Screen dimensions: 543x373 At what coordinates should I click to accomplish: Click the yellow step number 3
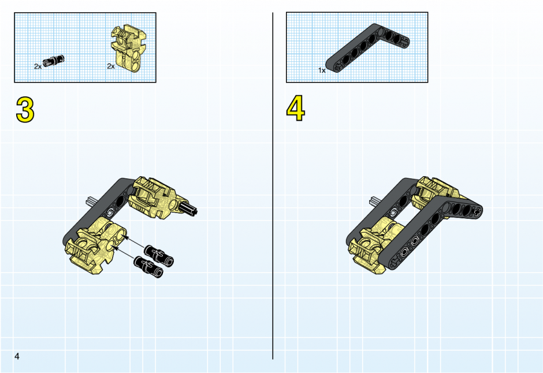(25, 110)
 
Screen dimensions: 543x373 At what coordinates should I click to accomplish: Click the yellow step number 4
(295, 109)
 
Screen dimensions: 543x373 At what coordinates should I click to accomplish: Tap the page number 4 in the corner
(17, 356)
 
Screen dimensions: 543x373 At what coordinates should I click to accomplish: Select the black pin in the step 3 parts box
(54, 60)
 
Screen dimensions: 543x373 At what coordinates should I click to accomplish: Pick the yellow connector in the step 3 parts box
(129, 47)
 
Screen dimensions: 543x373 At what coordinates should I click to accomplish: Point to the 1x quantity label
(322, 70)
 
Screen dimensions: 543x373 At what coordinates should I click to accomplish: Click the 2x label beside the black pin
(38, 66)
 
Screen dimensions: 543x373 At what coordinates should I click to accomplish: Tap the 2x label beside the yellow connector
(111, 66)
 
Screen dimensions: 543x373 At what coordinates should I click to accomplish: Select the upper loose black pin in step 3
(159, 255)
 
